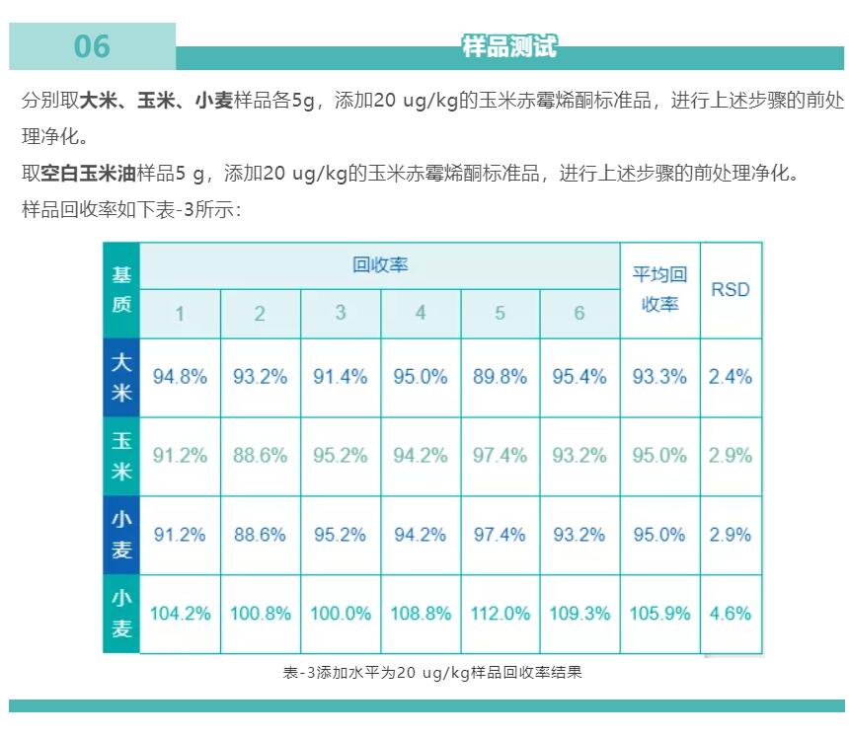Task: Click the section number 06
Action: [x=92, y=46]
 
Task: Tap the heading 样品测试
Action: [x=509, y=45]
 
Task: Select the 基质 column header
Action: [x=121, y=290]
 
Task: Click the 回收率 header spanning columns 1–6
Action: [x=380, y=264]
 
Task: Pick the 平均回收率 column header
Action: [x=659, y=290]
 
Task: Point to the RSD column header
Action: [x=731, y=290]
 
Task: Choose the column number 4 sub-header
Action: [x=421, y=314]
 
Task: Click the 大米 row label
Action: [x=121, y=377]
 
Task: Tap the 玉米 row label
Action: [x=121, y=456]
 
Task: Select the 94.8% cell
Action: [x=180, y=377]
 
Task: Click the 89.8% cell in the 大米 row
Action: [x=500, y=377]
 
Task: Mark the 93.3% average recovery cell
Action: [x=659, y=377]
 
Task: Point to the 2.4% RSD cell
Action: [x=731, y=377]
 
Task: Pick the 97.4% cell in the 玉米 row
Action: [x=500, y=456]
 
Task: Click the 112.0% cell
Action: [x=500, y=614]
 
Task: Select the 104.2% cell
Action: [x=180, y=614]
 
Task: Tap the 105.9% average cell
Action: [x=659, y=614]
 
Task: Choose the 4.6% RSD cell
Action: [x=731, y=614]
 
